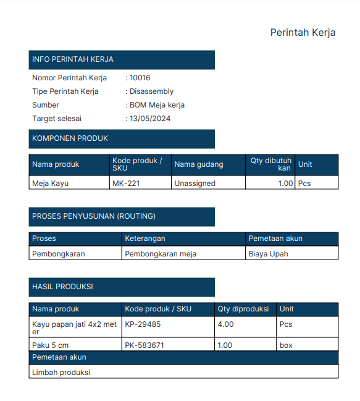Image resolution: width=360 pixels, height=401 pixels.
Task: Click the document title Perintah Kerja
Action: pos(303,33)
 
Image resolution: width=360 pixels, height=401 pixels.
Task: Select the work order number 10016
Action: pos(140,78)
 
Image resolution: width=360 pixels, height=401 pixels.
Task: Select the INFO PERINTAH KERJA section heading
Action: pos(73,59)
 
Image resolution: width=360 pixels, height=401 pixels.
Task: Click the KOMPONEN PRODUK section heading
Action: pos(70,138)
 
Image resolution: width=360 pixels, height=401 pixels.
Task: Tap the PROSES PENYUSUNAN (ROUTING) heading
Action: pos(94,216)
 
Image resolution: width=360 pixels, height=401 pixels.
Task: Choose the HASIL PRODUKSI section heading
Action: pos(62,287)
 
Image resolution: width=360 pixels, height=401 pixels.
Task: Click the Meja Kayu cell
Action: pos(50,183)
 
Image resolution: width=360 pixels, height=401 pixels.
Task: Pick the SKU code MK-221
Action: pos(125,183)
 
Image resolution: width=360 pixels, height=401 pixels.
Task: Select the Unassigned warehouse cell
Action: pos(195,183)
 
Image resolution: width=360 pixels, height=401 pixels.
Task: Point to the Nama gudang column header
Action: pos(199,164)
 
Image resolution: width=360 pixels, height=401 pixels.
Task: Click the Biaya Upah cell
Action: pos(268,253)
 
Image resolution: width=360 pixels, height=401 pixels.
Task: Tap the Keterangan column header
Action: pos(145,238)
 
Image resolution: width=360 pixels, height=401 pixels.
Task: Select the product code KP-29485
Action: pos(143,324)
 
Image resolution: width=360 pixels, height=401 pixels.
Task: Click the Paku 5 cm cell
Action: pos(50,345)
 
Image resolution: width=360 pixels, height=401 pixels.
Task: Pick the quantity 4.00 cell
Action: pos(225,324)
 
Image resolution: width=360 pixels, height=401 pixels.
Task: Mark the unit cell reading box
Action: pos(286,345)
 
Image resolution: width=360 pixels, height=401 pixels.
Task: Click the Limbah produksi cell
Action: pos(61,372)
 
